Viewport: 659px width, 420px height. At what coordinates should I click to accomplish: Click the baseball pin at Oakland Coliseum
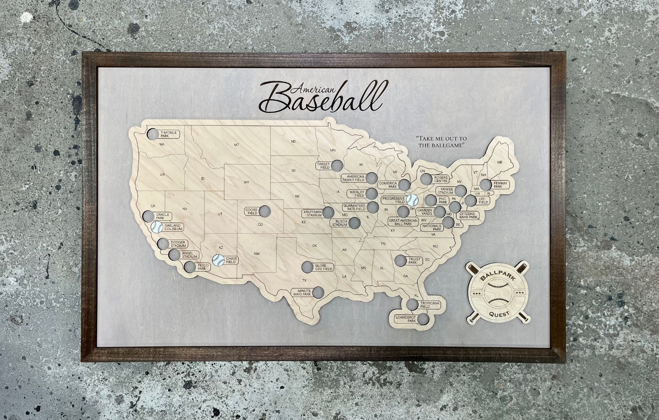click(x=157, y=227)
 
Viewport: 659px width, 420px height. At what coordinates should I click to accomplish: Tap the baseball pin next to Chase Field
click(x=218, y=260)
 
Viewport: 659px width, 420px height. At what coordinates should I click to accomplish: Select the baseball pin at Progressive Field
click(x=412, y=200)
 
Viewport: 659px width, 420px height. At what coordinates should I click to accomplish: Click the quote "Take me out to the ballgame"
click(x=441, y=142)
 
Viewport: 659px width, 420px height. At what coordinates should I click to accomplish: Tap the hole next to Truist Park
click(x=400, y=260)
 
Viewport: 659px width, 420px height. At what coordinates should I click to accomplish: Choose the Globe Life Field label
click(x=324, y=267)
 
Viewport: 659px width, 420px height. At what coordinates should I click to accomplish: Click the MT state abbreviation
click(x=236, y=145)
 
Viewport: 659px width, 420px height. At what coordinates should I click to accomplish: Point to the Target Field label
click(x=323, y=166)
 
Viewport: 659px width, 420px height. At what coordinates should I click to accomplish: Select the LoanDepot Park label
click(x=405, y=319)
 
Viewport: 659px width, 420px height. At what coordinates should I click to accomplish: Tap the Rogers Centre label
click(x=441, y=179)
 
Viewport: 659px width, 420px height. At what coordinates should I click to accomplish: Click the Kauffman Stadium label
click(x=313, y=213)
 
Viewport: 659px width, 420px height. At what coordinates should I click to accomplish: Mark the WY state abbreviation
click(x=246, y=182)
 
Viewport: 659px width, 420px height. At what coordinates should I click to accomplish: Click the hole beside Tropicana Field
click(x=412, y=304)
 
